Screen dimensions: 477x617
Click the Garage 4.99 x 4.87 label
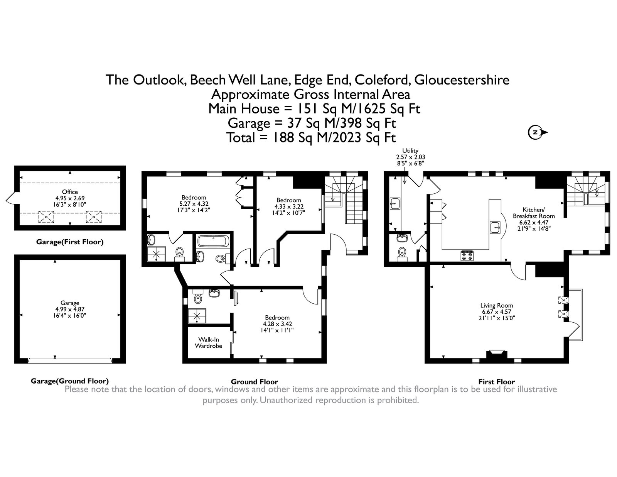pos(70,309)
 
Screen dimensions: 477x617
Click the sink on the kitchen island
pos(495,228)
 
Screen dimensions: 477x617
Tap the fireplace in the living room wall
pos(497,355)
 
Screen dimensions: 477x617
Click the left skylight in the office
pos(46,217)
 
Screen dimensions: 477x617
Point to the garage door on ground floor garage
pos(70,360)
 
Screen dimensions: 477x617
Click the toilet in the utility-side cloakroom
pos(403,252)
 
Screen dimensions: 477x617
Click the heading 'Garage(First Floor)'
pos(70,242)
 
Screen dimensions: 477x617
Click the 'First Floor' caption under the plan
pos(496,382)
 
